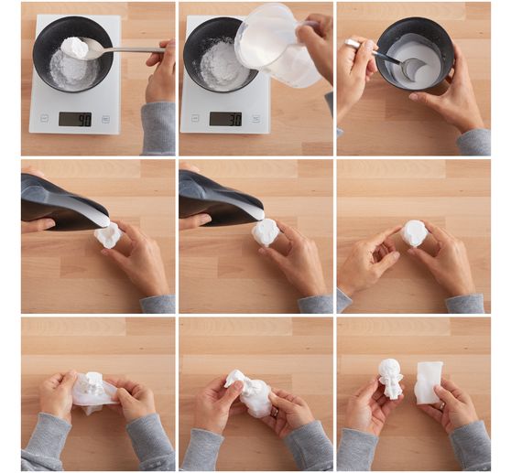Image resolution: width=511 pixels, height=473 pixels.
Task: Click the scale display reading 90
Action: [x=75, y=120]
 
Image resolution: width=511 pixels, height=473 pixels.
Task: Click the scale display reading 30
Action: [x=225, y=119]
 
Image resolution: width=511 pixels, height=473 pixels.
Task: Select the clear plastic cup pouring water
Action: [x=277, y=46]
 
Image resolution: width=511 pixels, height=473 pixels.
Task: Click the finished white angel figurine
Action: [x=390, y=379]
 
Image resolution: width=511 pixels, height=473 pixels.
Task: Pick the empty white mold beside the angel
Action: [x=429, y=382]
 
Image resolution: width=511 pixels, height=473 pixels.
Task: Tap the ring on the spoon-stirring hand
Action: [x=352, y=43]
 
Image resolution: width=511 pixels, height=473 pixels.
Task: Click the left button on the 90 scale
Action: [x=45, y=118]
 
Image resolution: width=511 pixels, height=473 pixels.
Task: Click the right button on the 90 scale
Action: [x=105, y=119]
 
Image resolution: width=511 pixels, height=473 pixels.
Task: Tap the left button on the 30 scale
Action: [x=195, y=118]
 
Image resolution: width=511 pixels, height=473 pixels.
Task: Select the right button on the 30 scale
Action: [x=255, y=119]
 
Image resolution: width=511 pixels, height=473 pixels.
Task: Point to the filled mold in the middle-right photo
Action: [x=415, y=233]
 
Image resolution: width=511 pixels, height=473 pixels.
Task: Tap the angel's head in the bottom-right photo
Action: [x=389, y=367]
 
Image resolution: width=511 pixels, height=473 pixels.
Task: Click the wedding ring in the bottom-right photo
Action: [x=442, y=405]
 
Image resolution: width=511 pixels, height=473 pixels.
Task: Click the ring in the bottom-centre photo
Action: [x=275, y=413]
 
